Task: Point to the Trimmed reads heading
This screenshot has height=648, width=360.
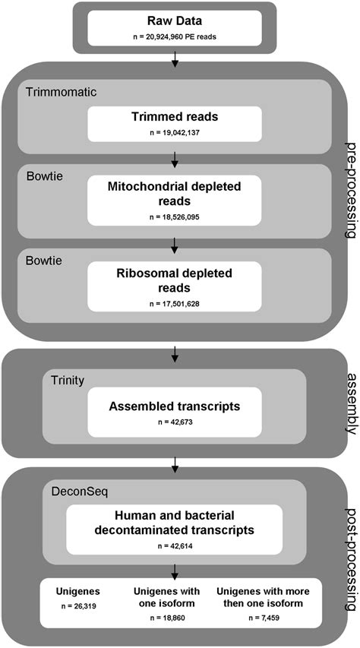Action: (175, 118)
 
